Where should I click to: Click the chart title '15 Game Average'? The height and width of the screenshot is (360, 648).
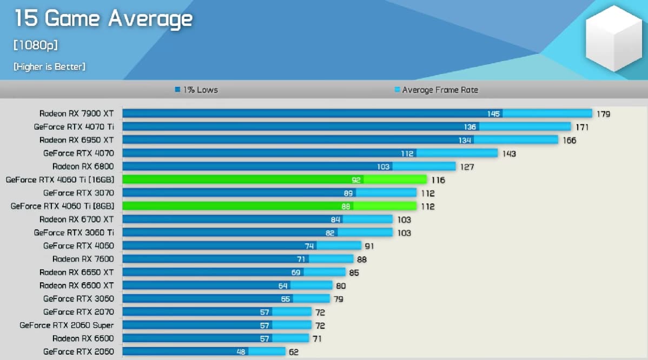[x=103, y=19]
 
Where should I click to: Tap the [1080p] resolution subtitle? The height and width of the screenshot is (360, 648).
[x=36, y=45]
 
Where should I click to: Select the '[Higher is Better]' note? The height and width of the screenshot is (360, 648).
[x=49, y=66]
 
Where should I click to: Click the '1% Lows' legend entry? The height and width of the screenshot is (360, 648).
[x=196, y=90]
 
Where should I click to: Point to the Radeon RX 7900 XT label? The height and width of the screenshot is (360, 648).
[x=76, y=114]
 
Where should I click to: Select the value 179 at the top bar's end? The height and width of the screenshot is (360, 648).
[x=603, y=114]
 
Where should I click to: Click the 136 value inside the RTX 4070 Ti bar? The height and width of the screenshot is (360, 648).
[x=470, y=126]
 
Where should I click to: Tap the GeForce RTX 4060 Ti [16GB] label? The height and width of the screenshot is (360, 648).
[x=60, y=179]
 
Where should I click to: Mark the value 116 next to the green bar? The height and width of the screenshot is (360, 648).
[x=438, y=179]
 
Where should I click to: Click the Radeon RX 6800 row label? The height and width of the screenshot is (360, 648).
[x=83, y=166]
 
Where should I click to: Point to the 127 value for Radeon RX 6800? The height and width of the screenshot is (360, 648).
[x=467, y=166]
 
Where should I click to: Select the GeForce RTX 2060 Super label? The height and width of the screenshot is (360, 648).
[x=67, y=325]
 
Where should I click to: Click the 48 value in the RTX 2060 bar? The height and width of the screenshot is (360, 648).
[x=256, y=352]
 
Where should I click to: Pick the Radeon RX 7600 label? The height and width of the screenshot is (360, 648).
[x=83, y=259]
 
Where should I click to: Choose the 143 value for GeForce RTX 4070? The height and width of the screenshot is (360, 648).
[x=509, y=153]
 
